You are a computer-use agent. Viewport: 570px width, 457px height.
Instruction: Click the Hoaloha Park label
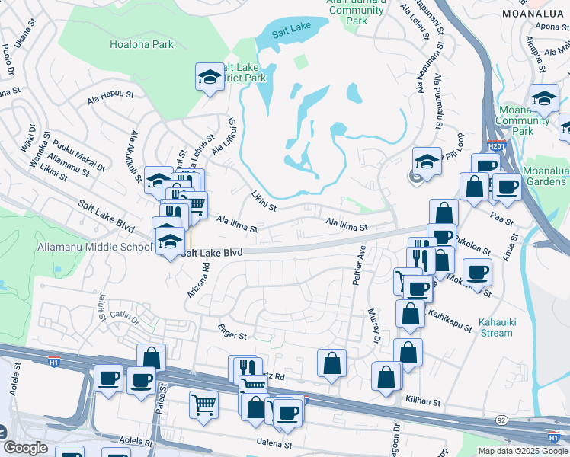142,44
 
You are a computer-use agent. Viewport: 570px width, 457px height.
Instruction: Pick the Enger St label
233,335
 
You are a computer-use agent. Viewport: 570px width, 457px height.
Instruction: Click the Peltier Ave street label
360,264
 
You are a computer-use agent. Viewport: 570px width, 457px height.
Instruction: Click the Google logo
25,448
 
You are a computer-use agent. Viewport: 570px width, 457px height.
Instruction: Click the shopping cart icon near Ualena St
204,405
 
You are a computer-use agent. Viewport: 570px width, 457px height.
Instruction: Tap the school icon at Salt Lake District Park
210,77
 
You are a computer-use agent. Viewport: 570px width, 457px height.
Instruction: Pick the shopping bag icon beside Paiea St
152,356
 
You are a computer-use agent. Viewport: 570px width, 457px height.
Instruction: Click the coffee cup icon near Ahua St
478,273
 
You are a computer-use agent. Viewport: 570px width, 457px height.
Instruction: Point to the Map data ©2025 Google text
522,451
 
